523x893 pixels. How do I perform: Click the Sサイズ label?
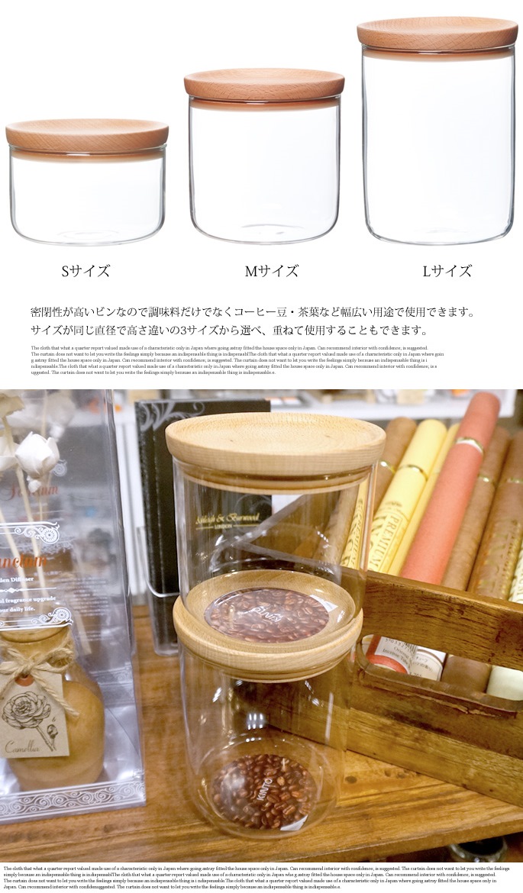(x=86, y=271)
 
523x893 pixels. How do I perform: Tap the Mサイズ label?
(x=271, y=271)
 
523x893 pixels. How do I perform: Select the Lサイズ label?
(x=447, y=271)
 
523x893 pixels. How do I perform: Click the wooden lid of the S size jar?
(x=87, y=135)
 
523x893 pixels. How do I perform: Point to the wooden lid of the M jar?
(x=263, y=84)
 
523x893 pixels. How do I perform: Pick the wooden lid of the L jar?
(x=437, y=33)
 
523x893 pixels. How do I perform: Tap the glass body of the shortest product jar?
(x=88, y=198)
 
